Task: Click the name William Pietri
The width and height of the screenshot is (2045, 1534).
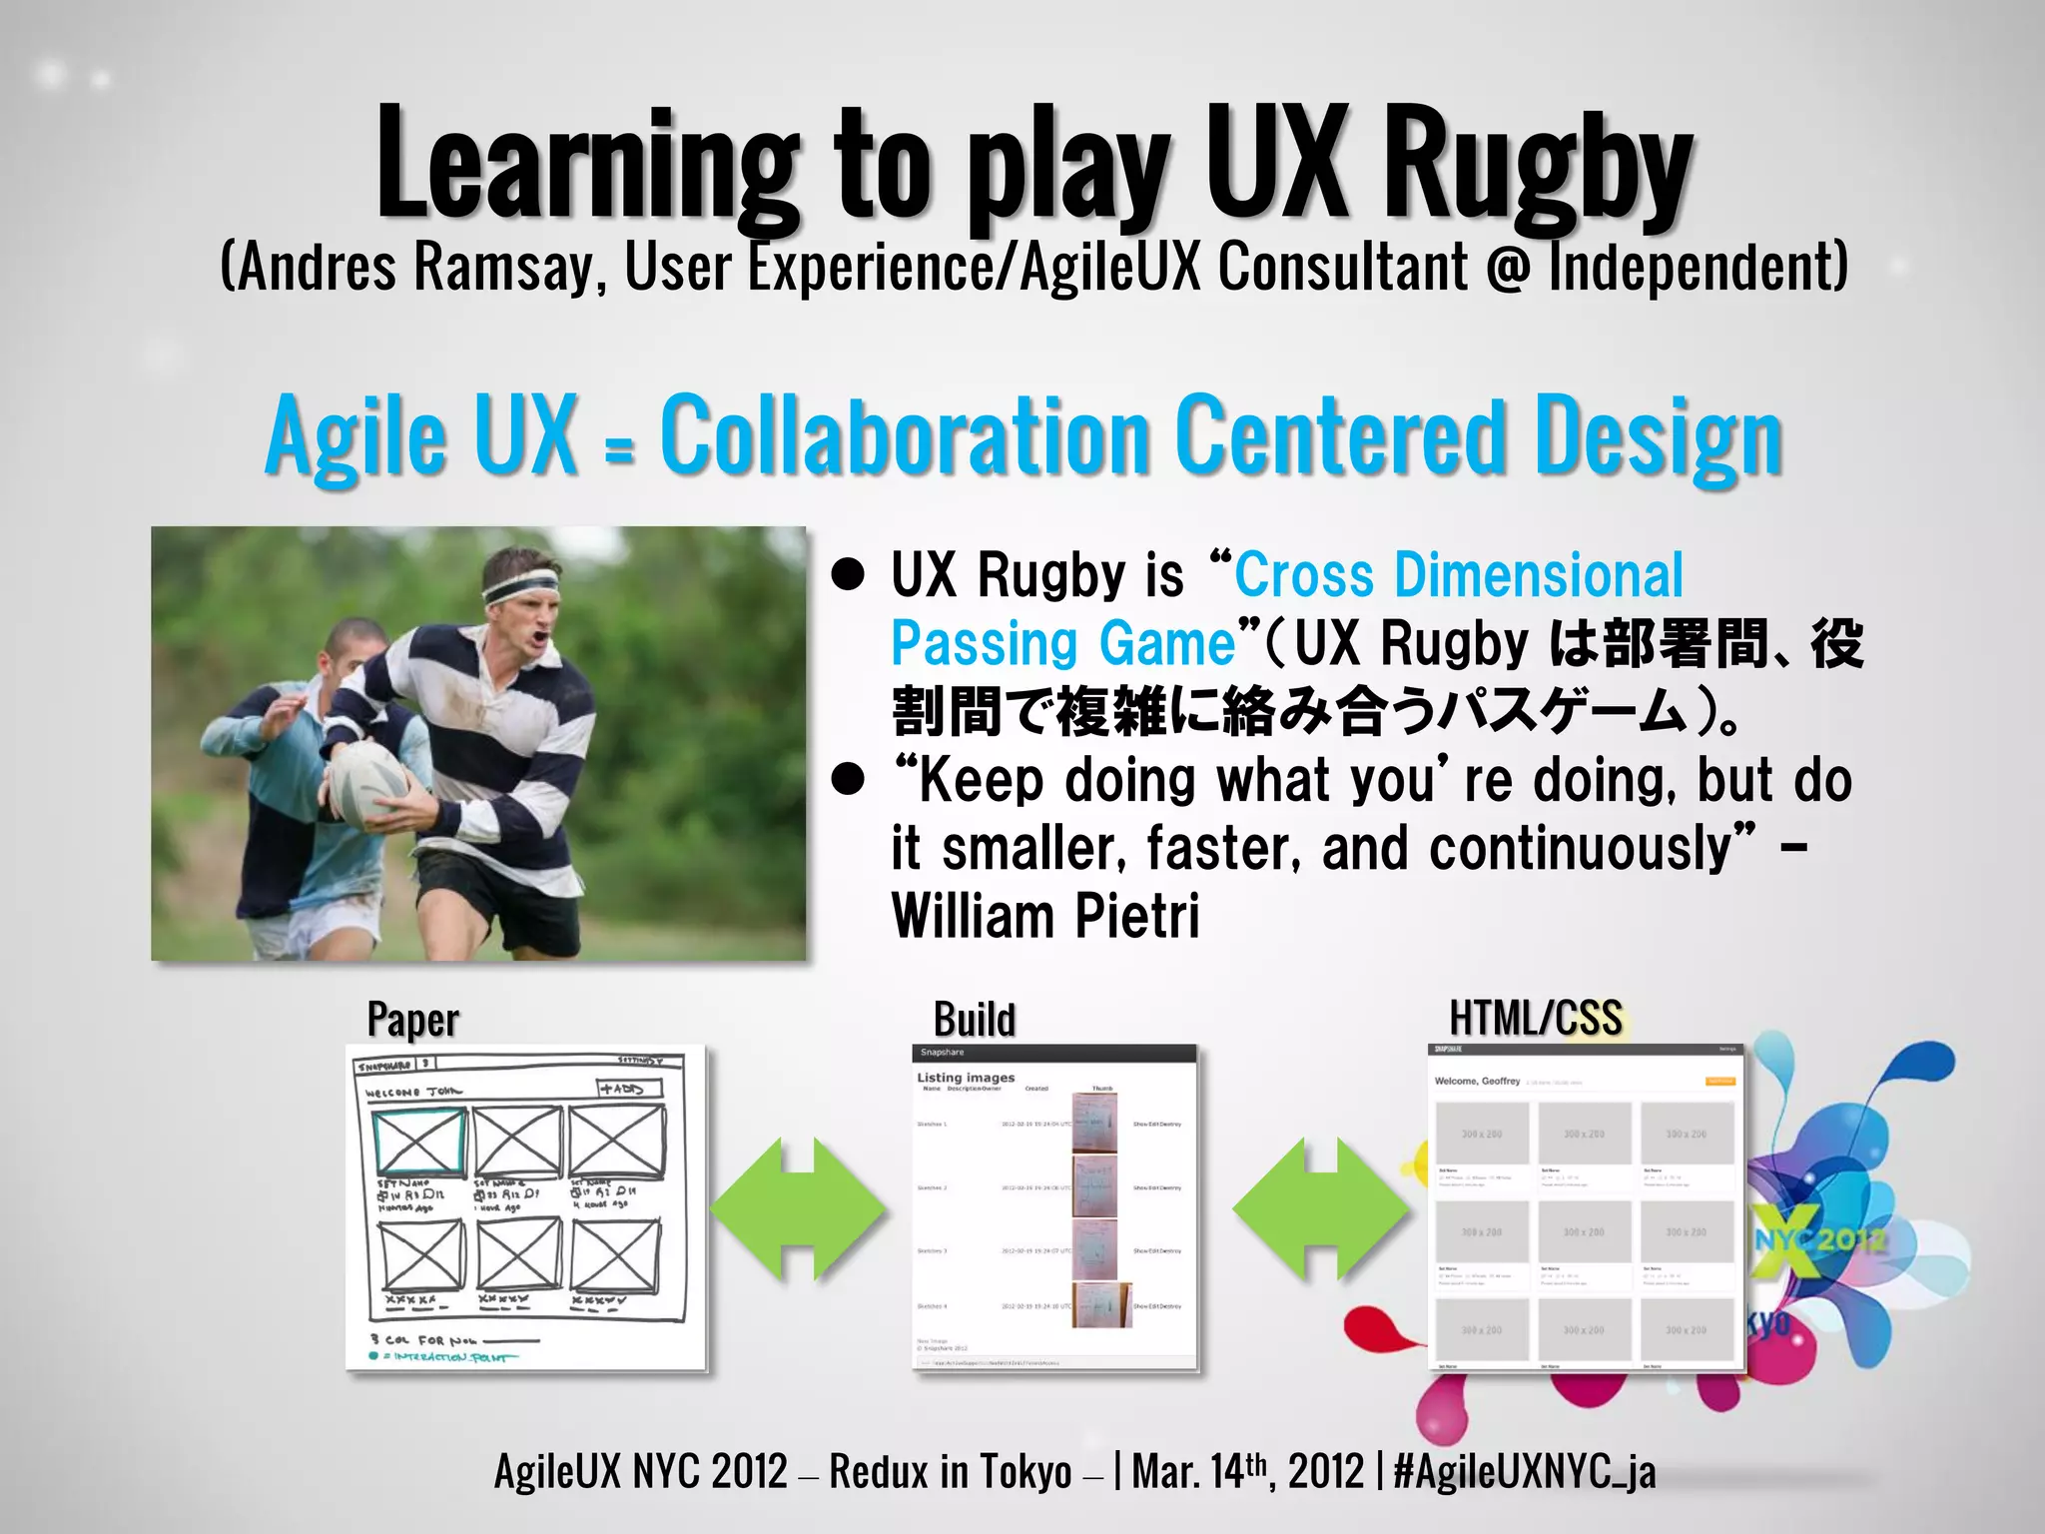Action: [1044, 916]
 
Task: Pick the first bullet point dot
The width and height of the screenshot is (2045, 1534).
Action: [849, 576]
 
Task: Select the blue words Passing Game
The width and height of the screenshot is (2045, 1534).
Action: [1063, 644]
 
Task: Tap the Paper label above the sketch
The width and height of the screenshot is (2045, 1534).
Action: [413, 1020]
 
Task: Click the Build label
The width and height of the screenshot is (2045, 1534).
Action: [975, 1020]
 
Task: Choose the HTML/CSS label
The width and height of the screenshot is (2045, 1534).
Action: [1536, 1018]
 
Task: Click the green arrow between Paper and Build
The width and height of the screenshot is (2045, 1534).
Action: [798, 1208]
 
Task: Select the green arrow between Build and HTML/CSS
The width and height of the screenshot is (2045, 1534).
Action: [1321, 1208]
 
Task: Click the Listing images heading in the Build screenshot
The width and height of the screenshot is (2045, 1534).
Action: [966, 1078]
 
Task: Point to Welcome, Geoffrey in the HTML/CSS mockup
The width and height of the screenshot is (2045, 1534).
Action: [1477, 1081]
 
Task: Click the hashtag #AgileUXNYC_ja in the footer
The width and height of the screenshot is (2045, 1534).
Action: [1524, 1471]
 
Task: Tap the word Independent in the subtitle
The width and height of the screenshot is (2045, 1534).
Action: [1698, 267]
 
